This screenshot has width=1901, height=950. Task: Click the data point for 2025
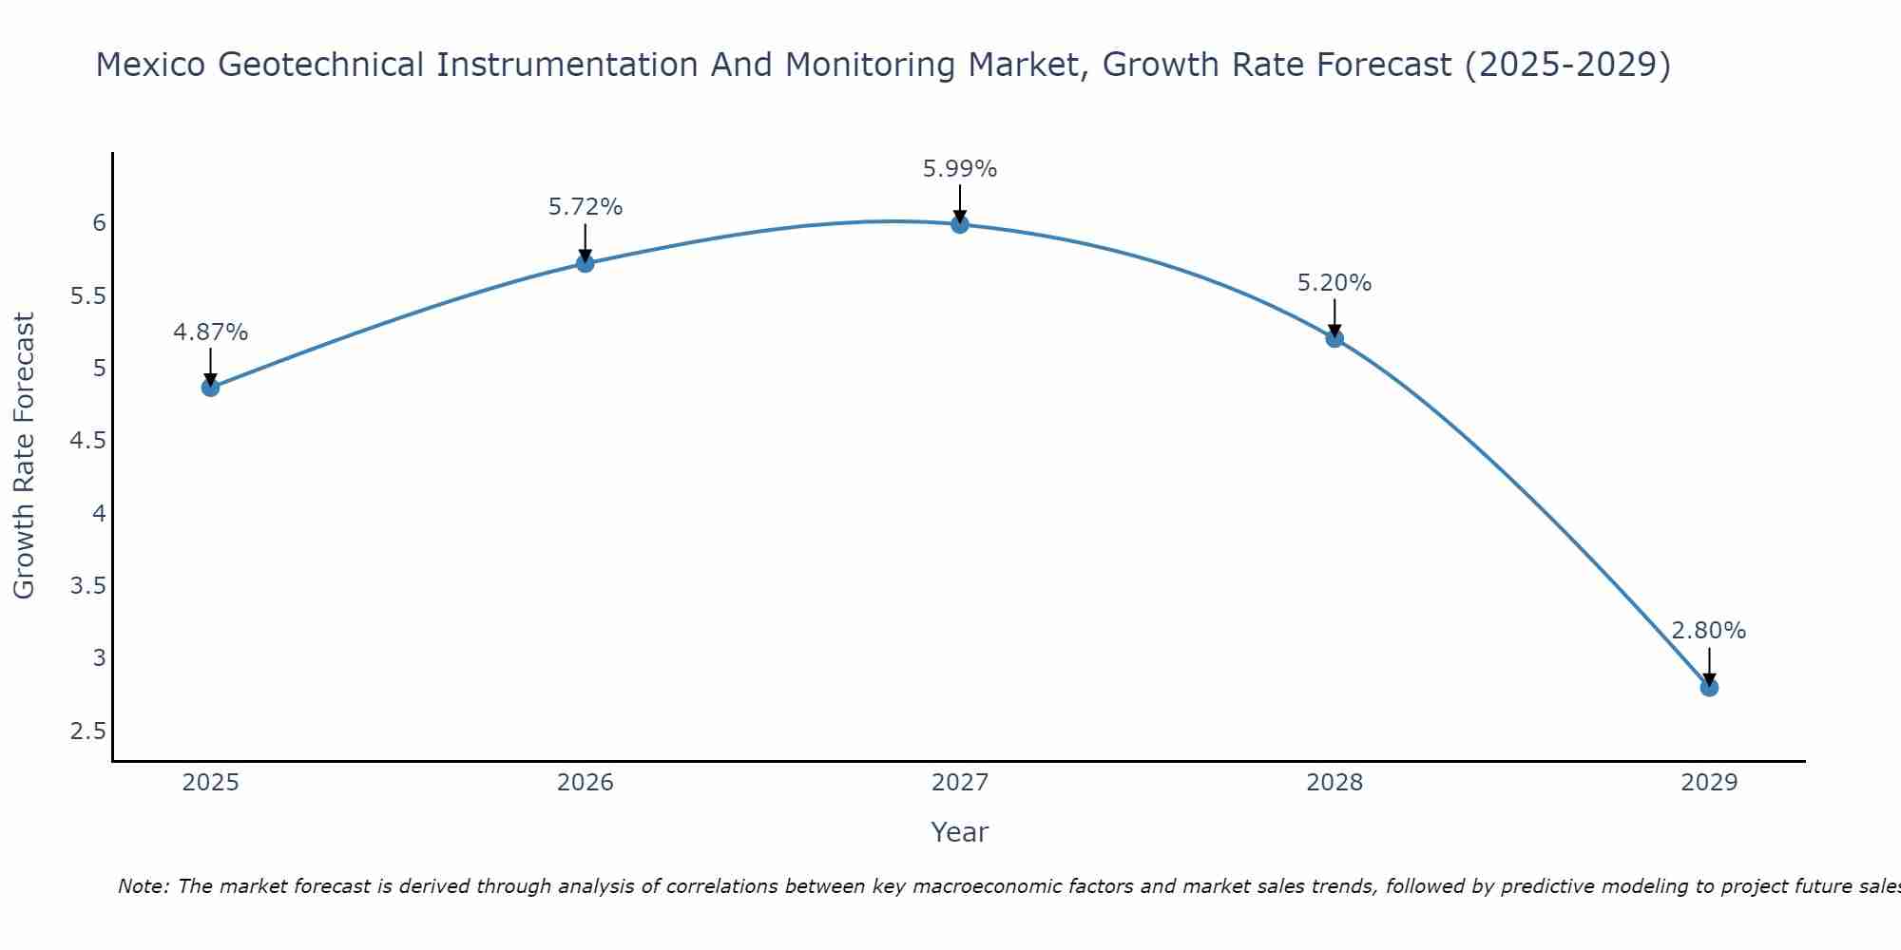[x=210, y=387]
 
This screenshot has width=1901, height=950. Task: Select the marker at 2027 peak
[x=960, y=224]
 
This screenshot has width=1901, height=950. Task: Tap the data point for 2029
[x=1709, y=687]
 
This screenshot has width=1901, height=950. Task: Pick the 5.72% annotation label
[x=585, y=207]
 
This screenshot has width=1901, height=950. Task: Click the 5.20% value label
[x=1335, y=283]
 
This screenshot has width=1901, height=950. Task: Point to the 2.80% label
[x=1708, y=631]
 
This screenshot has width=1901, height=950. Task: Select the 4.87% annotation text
[x=210, y=332]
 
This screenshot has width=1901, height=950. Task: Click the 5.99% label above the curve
[x=960, y=169]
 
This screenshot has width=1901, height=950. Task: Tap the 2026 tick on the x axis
[x=585, y=783]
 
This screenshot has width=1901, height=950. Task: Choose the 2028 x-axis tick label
[x=1335, y=783]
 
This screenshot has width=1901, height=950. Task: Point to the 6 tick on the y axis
[x=99, y=223]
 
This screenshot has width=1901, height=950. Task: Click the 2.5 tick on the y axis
[x=88, y=731]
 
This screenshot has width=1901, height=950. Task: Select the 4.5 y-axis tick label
[x=88, y=441]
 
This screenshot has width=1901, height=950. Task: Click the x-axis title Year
[x=960, y=832]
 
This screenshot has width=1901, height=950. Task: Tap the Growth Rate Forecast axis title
[x=24, y=456]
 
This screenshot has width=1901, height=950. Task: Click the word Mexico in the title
[x=151, y=65]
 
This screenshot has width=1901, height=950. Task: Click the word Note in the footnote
[x=143, y=886]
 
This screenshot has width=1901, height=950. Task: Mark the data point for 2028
[x=1335, y=338]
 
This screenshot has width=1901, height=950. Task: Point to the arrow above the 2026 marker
[x=585, y=242]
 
